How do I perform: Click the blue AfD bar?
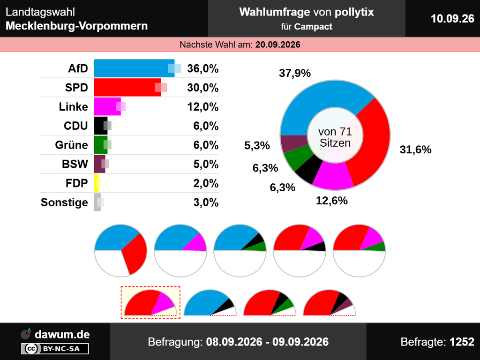tap(134, 68)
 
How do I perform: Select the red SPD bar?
tap(127, 87)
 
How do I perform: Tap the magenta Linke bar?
tap(107, 106)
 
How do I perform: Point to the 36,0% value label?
tap(202, 68)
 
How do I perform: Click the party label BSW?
tap(75, 164)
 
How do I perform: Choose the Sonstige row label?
tap(64, 202)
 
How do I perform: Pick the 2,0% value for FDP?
tap(206, 183)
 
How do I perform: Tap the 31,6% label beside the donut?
tap(415, 150)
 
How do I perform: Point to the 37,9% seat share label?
tap(294, 73)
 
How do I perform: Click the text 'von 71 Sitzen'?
tap(335, 137)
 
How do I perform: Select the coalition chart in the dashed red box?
tap(150, 302)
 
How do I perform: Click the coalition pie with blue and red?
tap(120, 250)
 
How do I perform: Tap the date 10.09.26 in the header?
tap(452, 19)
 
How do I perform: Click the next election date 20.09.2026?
tap(277, 45)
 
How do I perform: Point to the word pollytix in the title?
tap(354, 12)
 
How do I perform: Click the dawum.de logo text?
tap(62, 334)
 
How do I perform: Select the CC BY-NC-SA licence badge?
tap(55, 349)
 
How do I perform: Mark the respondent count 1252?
tap(462, 342)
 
